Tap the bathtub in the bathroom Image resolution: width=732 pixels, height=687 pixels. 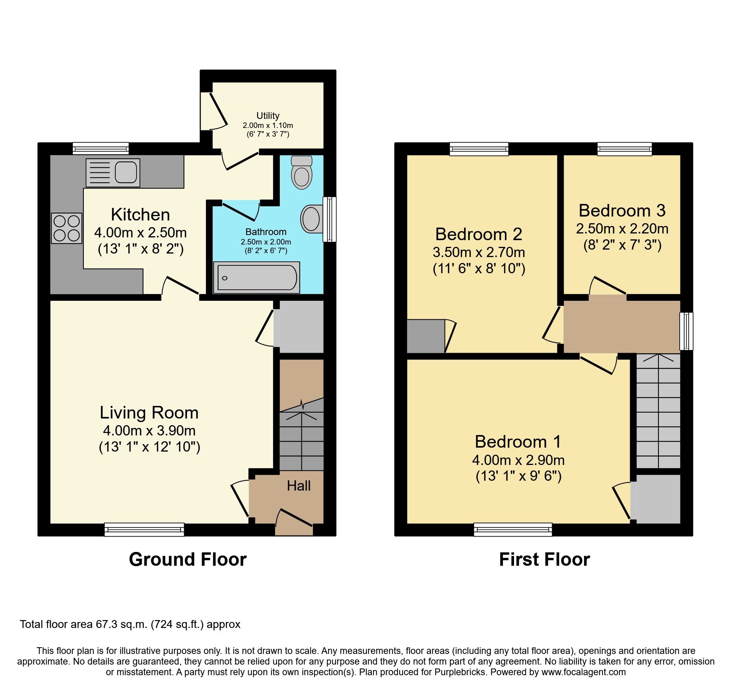pos(257,278)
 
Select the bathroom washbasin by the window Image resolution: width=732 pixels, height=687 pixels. pos(311,219)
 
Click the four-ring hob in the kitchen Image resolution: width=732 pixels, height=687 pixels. pos(67,228)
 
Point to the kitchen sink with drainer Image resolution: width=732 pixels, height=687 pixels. pos(113,172)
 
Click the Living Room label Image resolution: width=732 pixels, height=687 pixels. pos(149,413)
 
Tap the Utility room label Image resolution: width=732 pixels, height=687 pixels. pos(268,116)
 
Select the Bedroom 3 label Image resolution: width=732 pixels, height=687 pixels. pos(622,211)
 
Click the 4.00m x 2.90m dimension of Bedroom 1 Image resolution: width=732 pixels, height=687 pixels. pos(518,460)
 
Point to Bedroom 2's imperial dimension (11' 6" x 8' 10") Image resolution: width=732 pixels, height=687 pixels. pos(479,269)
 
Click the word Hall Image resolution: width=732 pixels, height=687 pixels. pos(299,486)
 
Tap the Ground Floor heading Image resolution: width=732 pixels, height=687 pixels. pos(188,559)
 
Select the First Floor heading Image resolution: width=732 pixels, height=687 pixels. pos(544,559)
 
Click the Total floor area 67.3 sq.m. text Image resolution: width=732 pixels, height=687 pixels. pos(130,624)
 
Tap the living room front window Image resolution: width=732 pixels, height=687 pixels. pos(144,530)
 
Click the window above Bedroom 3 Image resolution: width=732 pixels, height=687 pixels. pos(624,149)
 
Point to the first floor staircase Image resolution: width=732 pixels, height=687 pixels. pos(658,411)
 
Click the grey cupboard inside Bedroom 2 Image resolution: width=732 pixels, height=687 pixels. pos(425,336)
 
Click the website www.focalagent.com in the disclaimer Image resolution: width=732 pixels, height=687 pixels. pos(583,672)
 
